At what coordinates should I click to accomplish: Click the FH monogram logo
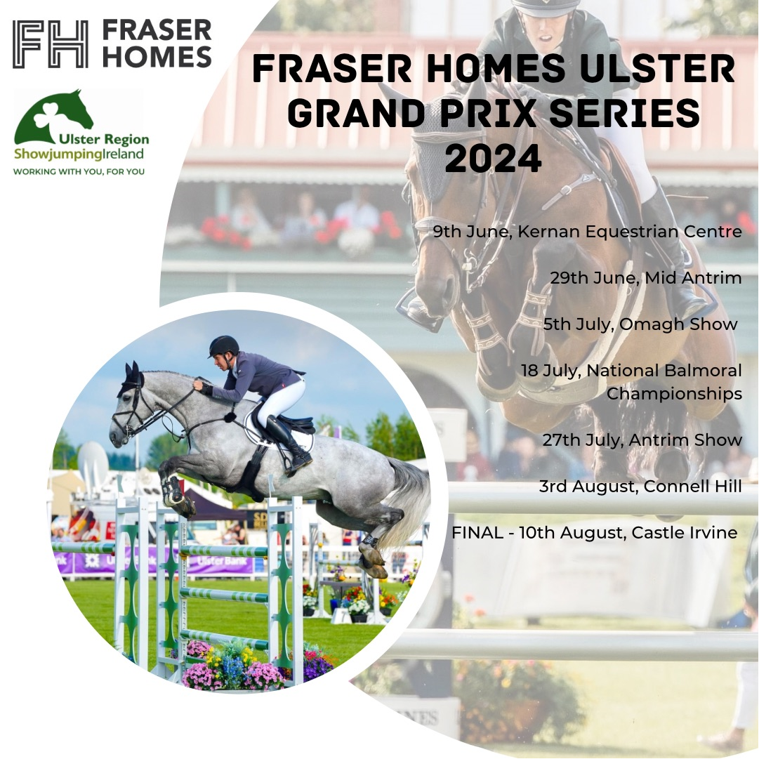pos(51,44)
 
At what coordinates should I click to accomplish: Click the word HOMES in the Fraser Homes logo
pos(157,57)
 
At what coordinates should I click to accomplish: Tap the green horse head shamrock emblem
pos(53,116)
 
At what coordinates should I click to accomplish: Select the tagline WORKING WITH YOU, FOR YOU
pos(79,171)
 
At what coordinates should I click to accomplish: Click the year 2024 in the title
pos(493,158)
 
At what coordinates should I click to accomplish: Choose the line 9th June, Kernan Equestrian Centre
pos(587,232)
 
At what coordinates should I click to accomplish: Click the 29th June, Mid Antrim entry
pos(646,278)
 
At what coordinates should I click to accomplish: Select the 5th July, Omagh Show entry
pos(640,324)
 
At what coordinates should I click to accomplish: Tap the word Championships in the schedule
pos(674,394)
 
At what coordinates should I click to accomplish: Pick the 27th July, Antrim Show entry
pos(642,440)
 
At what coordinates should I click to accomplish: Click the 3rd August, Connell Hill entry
pos(640,486)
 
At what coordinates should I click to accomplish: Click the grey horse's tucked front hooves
pos(178,496)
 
